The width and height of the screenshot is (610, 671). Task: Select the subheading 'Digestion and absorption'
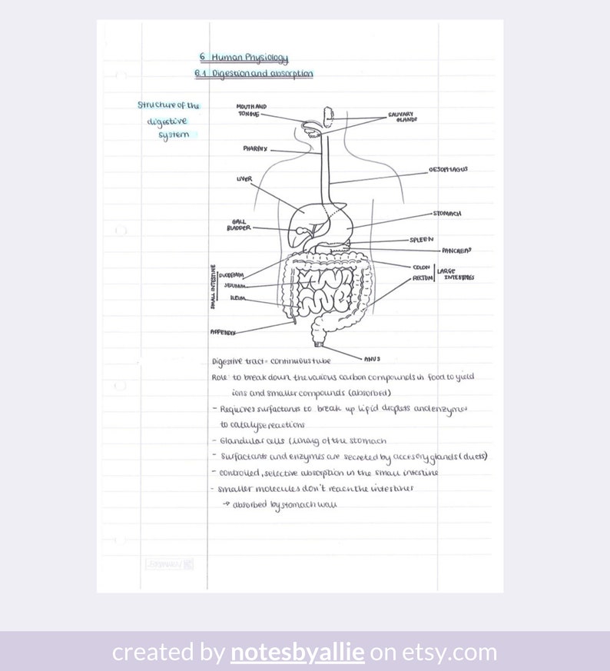[262, 74]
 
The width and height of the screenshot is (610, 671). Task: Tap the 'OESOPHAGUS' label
[448, 170]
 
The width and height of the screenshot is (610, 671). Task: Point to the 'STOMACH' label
[447, 214]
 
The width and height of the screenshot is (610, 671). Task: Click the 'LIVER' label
[244, 179]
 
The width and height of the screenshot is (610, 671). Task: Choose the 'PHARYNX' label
[255, 149]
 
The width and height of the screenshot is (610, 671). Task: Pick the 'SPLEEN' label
[421, 239]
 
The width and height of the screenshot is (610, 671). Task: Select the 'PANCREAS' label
[456, 251]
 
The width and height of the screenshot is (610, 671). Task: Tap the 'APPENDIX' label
[223, 332]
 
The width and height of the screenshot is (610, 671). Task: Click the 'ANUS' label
[372, 358]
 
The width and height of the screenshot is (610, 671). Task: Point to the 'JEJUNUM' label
[235, 285]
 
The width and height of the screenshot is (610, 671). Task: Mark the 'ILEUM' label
[237, 298]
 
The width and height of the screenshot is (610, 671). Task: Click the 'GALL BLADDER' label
[238, 224]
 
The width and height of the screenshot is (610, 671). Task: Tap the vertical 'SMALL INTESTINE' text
[213, 287]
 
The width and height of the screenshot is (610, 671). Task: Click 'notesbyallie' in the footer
[297, 653]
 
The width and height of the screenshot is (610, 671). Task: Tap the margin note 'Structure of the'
[168, 105]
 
